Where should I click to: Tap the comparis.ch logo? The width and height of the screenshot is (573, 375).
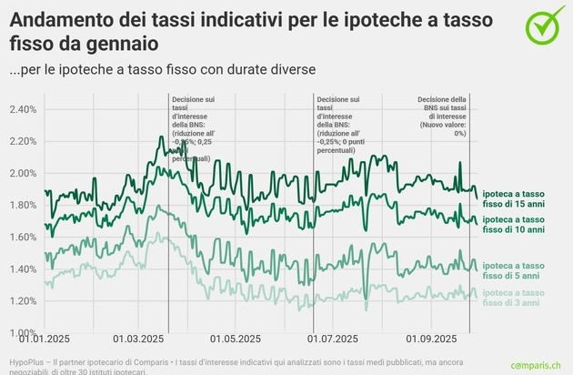530,362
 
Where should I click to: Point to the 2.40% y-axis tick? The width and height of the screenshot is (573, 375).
21,109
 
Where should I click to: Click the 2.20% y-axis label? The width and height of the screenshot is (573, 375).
21,141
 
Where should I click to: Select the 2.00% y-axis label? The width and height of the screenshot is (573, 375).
21,173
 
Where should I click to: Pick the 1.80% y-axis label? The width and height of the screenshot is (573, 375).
21,205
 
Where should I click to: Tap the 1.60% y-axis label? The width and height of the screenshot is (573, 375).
21,237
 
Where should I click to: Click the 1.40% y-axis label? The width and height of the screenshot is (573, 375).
21,269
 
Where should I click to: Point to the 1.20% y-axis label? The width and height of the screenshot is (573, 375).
21,300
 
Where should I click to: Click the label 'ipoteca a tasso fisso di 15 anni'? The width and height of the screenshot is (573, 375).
514,198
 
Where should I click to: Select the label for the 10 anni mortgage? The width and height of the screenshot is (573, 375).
514,225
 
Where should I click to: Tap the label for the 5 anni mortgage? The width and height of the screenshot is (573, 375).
514,269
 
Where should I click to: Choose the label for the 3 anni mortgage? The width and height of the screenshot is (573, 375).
514,297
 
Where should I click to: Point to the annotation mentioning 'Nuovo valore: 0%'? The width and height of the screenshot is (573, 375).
442,117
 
